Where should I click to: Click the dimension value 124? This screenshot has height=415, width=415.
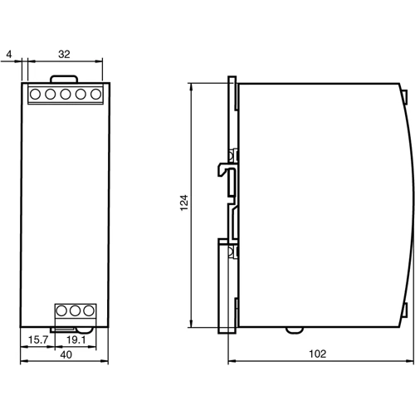click(184, 205)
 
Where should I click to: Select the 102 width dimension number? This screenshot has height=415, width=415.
click(318, 354)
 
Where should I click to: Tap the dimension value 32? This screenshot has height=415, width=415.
click(65, 55)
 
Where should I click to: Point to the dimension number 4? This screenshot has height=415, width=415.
click(8, 55)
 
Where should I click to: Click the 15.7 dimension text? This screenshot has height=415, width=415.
click(36, 339)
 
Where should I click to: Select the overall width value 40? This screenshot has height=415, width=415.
click(65, 354)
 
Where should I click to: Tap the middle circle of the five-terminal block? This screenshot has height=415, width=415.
click(65, 94)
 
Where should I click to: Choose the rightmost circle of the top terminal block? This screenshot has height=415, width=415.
click(93, 94)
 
